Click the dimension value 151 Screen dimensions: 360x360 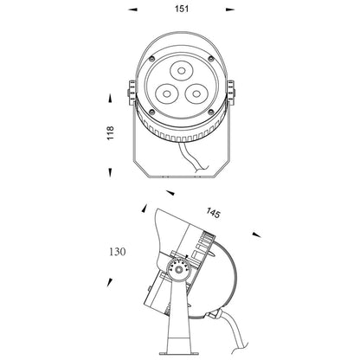coord(182,9)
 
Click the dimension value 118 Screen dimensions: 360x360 coord(111,133)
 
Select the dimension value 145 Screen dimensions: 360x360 coord(213,213)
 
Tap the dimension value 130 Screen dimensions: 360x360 coord(118,252)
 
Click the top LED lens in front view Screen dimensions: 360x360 coord(181,70)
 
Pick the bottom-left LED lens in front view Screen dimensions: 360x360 coord(166,93)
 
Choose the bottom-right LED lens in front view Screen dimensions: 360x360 coord(196,93)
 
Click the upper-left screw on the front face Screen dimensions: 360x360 coord(151,59)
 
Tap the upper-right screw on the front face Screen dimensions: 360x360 coord(211,59)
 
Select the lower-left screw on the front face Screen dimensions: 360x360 coord(152,112)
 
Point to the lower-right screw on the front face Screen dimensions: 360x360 coord(211,112)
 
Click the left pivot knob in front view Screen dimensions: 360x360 coord(132,93)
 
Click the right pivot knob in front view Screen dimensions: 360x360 coord(231,92)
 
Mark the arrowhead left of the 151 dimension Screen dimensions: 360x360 coord(132,10)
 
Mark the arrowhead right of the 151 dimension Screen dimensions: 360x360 coord(230,10)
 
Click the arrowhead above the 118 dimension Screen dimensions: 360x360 coord(110,98)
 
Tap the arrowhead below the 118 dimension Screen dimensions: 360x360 coord(110,172)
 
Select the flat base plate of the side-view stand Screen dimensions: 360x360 coord(179,353)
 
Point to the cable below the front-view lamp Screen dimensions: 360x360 coord(193,157)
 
